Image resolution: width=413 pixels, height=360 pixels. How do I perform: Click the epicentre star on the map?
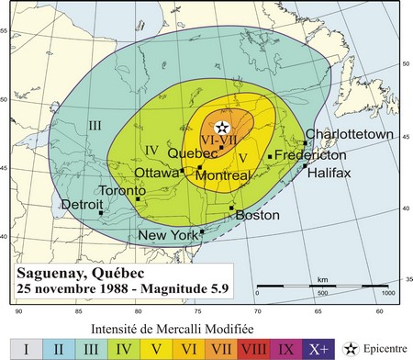click(221, 128)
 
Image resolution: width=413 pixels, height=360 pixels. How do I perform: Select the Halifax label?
click(329, 173)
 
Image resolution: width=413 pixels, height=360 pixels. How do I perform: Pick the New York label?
click(168, 236)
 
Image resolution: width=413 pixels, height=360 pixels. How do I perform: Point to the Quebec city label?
click(193, 153)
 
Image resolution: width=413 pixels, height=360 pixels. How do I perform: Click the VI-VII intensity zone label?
click(220, 140)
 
